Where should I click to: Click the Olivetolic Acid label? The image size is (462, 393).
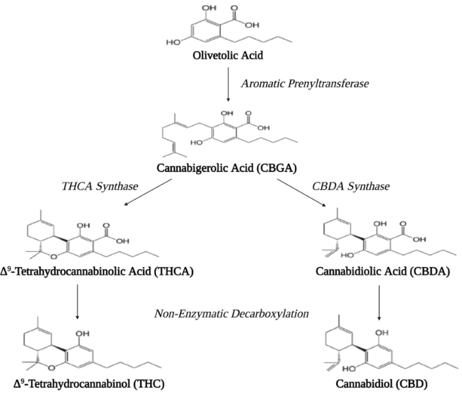pyautogui.click(x=227, y=56)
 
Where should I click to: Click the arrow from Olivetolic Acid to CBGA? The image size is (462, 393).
pyautogui.click(x=227, y=84)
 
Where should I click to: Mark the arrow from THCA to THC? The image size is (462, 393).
pyautogui.click(x=78, y=301)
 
